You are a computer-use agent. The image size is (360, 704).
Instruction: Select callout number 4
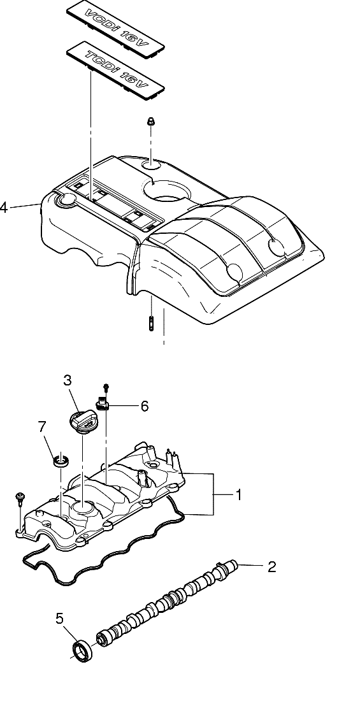tap(4, 208)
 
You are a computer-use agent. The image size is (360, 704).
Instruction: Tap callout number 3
tap(68, 380)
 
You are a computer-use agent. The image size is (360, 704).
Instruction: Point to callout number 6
tap(144, 406)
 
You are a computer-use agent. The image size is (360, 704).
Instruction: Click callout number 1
tap(239, 494)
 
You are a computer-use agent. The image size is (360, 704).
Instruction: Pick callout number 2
tap(271, 566)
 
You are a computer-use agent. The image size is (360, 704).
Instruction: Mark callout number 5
tap(60, 618)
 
